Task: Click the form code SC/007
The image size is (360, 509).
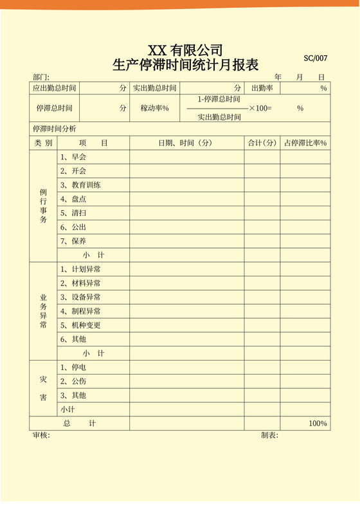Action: tap(316, 58)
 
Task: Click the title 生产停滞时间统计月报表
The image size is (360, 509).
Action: tap(185, 65)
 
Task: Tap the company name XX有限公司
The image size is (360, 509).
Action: tap(185, 50)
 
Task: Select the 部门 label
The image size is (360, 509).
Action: tap(40, 77)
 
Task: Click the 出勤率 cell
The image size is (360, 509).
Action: tap(262, 88)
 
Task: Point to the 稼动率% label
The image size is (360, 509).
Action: tap(154, 109)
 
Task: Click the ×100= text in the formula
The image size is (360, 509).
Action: tap(260, 108)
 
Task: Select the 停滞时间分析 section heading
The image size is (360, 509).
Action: tap(54, 129)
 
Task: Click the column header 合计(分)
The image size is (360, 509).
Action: tap(262, 143)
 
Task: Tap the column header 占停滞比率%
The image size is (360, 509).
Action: tap(305, 143)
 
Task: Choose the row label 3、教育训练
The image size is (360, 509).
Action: tap(80, 185)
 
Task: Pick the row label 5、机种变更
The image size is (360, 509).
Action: tap(80, 325)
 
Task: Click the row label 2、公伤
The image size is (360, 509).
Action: tap(73, 381)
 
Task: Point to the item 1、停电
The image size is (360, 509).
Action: tap(73, 368)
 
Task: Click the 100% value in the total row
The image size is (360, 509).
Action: tap(318, 424)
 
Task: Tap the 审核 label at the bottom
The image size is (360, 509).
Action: tap(41, 435)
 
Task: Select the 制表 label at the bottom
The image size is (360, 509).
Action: tap(269, 435)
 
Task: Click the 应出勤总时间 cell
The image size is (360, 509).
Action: tap(55, 88)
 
